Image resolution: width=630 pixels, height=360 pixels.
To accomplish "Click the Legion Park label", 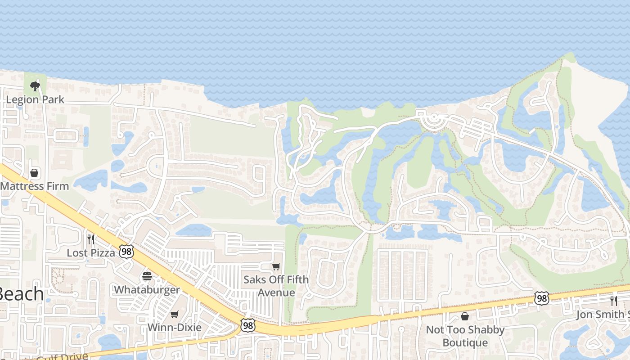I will [x=35, y=99].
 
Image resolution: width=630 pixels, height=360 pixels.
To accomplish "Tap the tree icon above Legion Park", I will [x=35, y=85].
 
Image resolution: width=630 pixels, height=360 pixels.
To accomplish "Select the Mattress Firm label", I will [x=35, y=186].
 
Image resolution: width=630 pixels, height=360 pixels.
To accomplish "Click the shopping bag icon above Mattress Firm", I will [x=34, y=173].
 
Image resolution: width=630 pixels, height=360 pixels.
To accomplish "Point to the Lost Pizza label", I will [x=91, y=252].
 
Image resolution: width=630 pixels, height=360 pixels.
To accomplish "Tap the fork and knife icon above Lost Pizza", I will [x=91, y=239].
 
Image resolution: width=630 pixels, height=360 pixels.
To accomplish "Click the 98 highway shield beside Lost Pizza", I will [x=127, y=252].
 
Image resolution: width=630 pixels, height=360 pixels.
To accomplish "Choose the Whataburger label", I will [x=147, y=289].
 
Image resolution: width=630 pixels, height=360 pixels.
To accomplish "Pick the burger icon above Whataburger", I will [x=147, y=276].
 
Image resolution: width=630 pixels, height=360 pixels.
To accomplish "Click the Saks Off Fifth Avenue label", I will [x=276, y=286].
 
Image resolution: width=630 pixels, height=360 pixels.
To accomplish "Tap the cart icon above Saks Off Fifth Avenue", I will [x=276, y=266].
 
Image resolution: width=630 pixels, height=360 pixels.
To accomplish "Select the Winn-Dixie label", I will [x=175, y=327].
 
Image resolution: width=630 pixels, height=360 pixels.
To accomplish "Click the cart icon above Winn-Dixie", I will [x=175, y=314].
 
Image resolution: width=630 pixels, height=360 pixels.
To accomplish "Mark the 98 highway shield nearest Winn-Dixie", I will [x=247, y=325].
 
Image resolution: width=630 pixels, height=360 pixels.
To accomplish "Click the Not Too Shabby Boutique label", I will [x=465, y=336].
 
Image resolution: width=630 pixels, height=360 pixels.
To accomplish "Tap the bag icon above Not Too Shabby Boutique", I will [x=465, y=316].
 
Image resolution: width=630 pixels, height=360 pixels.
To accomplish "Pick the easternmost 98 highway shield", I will [x=542, y=298].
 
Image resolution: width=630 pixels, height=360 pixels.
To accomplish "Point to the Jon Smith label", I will [x=603, y=315].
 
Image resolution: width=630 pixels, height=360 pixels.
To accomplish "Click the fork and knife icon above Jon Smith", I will [x=614, y=301].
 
